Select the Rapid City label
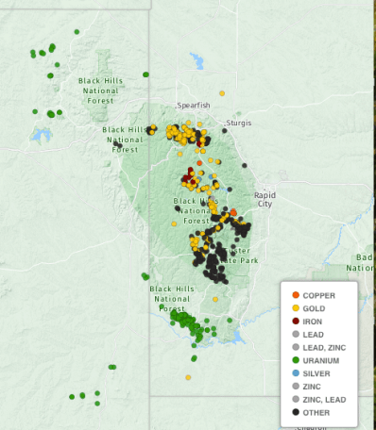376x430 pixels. click(x=264, y=199)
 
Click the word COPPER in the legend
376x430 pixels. click(x=318, y=295)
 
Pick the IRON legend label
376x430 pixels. click(x=312, y=322)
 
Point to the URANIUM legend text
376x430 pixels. click(x=320, y=360)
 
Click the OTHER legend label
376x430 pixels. click(x=316, y=412)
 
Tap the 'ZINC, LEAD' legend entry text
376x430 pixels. click(x=324, y=399)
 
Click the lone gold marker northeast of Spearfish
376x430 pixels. click(x=222, y=93)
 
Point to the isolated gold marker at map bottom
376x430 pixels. click(x=188, y=377)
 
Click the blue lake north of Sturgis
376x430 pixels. click(x=197, y=63)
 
